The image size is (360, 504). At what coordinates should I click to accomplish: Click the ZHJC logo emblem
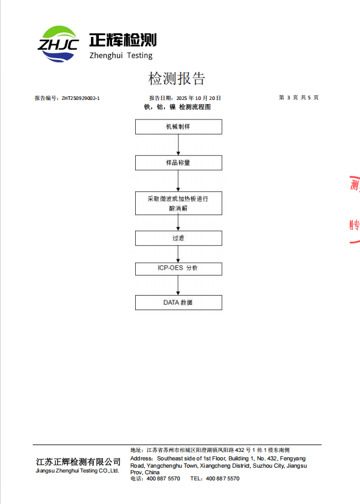click(x=58, y=44)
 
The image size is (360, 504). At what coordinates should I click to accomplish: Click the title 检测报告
click(x=176, y=78)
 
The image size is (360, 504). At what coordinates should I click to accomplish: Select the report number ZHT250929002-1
click(x=81, y=98)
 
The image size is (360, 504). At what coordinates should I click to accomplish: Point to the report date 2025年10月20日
click(x=199, y=98)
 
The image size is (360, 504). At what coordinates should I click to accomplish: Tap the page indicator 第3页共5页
click(x=299, y=98)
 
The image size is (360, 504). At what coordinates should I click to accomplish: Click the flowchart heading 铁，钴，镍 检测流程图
click(x=177, y=107)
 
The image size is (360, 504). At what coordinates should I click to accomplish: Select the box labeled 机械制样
click(x=179, y=127)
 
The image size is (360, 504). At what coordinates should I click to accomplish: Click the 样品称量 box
click(x=179, y=162)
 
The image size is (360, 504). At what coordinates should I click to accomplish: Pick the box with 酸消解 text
click(x=179, y=203)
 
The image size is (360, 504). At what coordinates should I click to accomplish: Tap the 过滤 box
click(x=179, y=239)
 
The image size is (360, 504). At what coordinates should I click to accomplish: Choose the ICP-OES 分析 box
click(x=179, y=269)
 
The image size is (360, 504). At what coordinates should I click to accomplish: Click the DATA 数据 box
click(x=179, y=303)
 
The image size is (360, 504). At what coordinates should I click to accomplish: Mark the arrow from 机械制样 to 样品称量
click(x=178, y=145)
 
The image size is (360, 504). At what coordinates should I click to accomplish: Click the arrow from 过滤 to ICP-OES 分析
click(x=178, y=254)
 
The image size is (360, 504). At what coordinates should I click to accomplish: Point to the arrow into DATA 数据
click(x=178, y=285)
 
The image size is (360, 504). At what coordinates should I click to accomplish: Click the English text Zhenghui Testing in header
click(x=121, y=56)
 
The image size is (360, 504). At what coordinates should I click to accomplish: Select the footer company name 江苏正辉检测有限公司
click(x=78, y=462)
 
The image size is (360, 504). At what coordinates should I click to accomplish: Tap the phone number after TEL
click(x=222, y=479)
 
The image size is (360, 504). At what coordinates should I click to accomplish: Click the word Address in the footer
click(x=141, y=459)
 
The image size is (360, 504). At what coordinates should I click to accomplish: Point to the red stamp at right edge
click(x=355, y=209)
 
